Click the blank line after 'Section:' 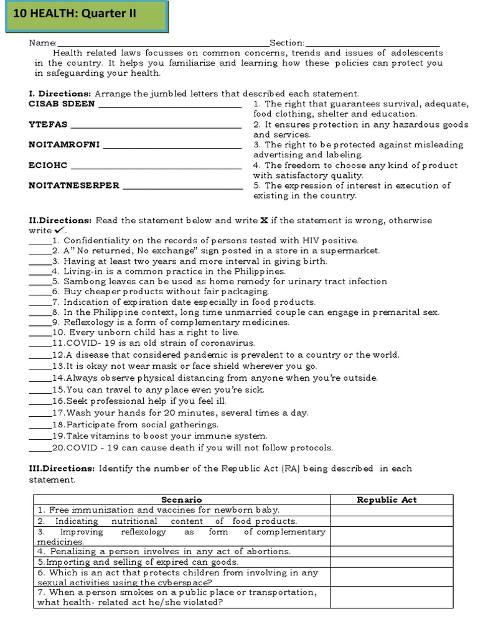click(372, 44)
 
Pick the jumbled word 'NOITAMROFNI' click(64, 145)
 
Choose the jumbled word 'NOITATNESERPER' click(74, 185)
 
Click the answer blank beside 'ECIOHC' click(156, 167)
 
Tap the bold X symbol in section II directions click(264, 220)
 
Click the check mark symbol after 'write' click(60, 230)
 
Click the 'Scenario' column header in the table click(181, 500)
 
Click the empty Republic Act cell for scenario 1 click(391, 510)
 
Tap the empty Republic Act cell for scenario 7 click(391, 597)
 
